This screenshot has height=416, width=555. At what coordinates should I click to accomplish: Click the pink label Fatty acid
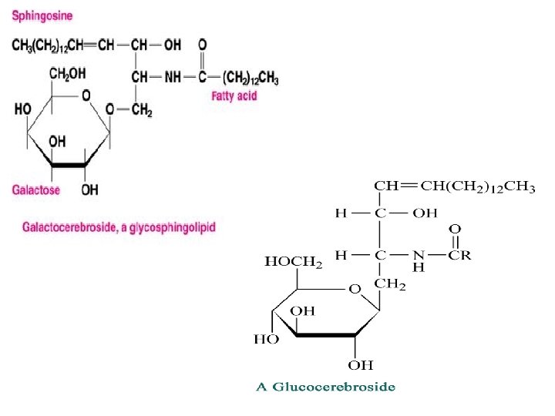[234, 96]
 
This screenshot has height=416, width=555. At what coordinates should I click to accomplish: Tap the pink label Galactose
[36, 190]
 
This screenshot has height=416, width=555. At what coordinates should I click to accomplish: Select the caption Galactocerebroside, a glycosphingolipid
[119, 227]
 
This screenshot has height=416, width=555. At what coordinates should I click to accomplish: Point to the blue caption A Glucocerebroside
[326, 387]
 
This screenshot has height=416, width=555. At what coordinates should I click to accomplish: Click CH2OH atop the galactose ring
[69, 74]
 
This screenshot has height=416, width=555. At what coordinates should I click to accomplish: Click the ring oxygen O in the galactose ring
[86, 96]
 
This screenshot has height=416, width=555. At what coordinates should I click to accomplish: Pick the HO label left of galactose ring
[22, 109]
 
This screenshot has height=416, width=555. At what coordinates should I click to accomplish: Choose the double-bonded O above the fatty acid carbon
[202, 44]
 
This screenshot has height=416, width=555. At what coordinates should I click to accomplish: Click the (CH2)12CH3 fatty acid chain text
[251, 79]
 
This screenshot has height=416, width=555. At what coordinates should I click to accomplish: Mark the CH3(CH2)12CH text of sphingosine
[48, 45]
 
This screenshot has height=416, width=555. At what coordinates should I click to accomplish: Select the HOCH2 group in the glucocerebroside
[293, 262]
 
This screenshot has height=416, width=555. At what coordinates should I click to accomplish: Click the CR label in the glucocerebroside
[460, 255]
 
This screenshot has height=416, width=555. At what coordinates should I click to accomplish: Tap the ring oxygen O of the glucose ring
[354, 290]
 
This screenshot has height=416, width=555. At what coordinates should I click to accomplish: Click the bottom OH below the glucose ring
[360, 364]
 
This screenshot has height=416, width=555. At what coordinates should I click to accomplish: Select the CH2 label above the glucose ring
[390, 284]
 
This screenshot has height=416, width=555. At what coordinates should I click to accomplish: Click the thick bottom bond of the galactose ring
[69, 164]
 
